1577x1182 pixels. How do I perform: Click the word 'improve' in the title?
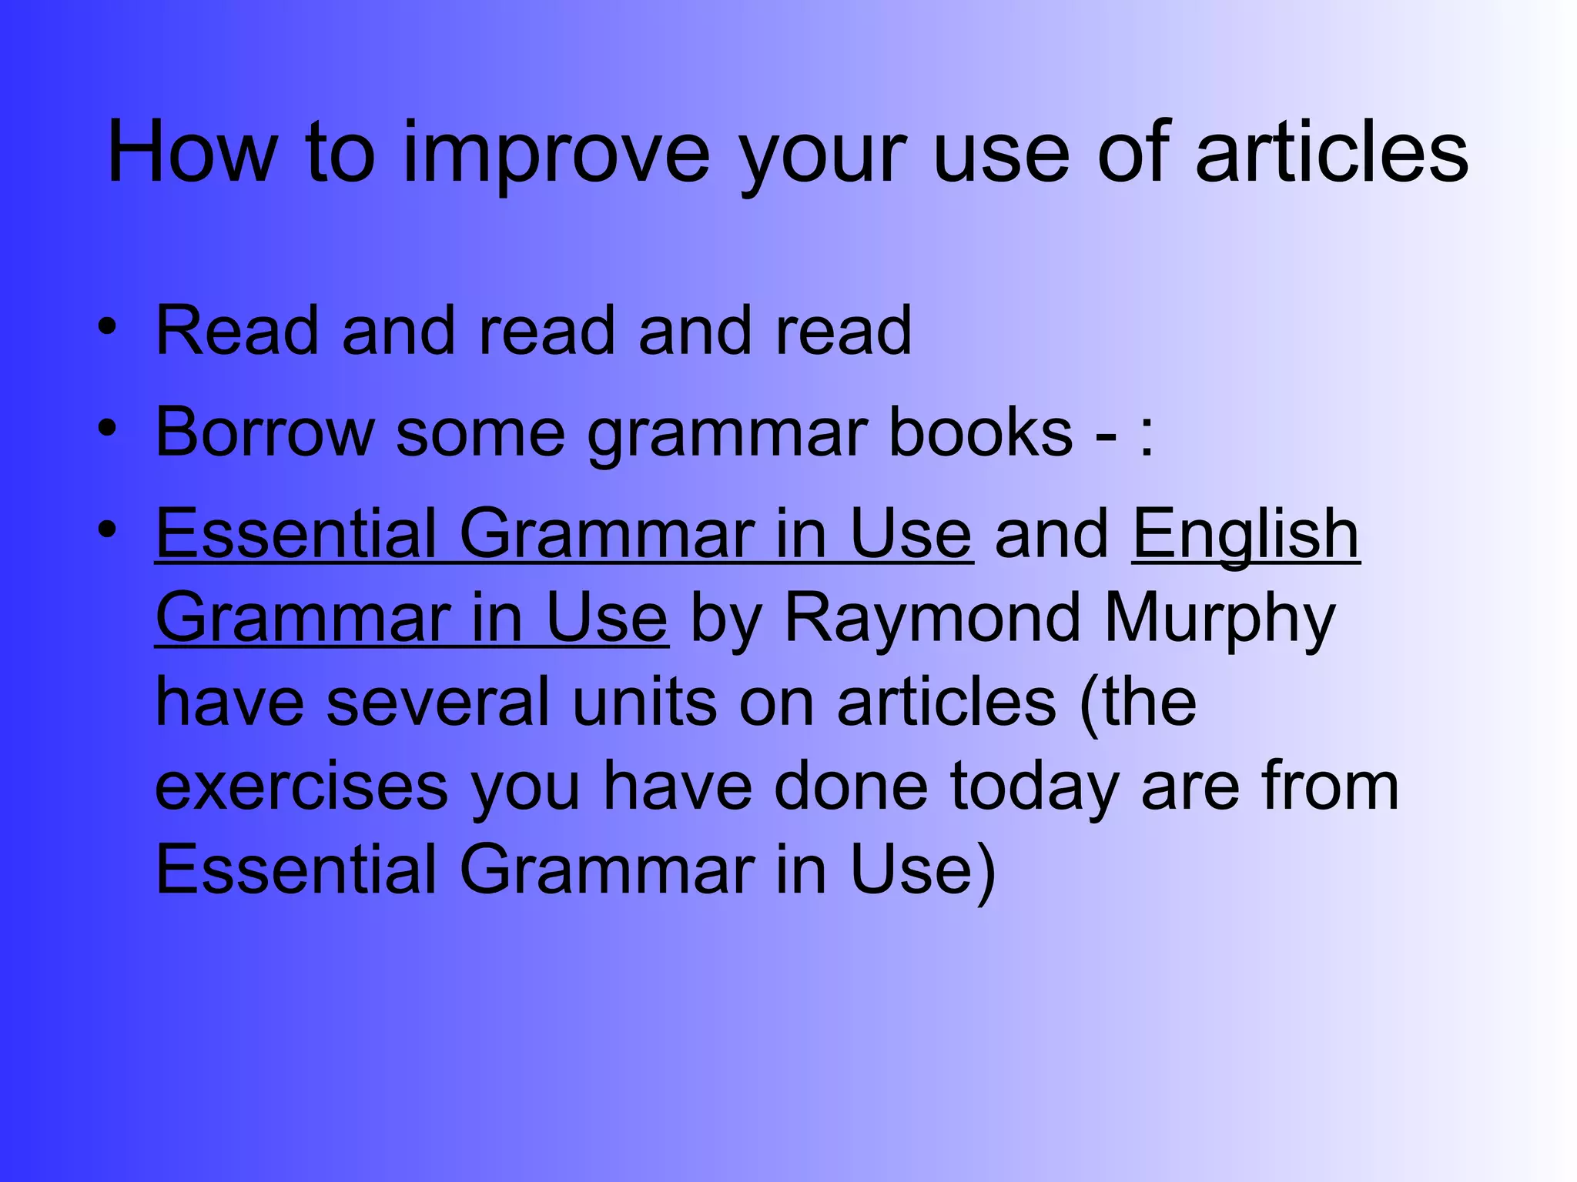coord(556,153)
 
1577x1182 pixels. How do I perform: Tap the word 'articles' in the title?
coord(1331,153)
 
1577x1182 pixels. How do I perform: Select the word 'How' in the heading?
coord(192,153)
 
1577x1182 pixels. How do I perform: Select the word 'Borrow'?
coord(264,432)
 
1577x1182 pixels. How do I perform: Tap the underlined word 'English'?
coord(1245,536)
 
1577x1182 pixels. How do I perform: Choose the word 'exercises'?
coord(302,786)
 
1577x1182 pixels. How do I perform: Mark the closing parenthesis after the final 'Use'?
coord(986,873)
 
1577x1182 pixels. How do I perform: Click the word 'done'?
coord(851,786)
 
